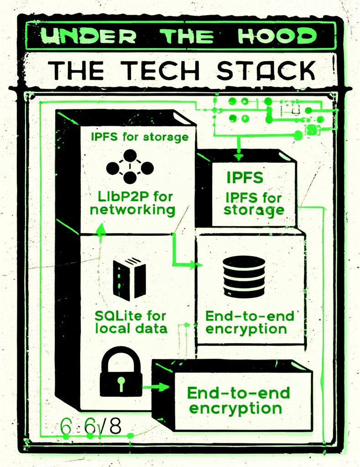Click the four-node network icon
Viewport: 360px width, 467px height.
[x=130, y=167]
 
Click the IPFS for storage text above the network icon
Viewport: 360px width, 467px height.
[x=139, y=136]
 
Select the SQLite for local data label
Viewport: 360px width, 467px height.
[x=130, y=321]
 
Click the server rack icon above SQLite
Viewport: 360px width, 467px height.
[x=129, y=278]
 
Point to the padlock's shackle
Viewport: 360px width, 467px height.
[x=120, y=357]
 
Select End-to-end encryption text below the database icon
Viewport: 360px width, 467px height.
[x=246, y=322]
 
